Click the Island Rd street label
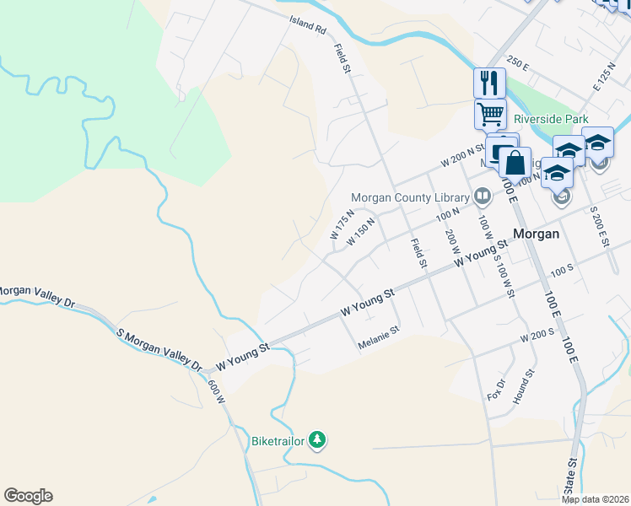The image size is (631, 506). click(x=307, y=25)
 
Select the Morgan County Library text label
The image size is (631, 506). click(x=409, y=198)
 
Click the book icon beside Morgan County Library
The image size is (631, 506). click(x=482, y=197)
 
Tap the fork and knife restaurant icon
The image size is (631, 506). click(x=489, y=83)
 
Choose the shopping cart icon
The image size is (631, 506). click(x=490, y=113)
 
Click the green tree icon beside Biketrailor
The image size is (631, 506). click(x=316, y=439)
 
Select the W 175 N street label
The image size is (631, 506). click(x=341, y=229)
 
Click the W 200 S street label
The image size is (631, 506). click(x=537, y=335)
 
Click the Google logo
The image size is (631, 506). click(x=28, y=496)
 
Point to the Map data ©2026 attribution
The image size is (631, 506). click(x=596, y=499)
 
